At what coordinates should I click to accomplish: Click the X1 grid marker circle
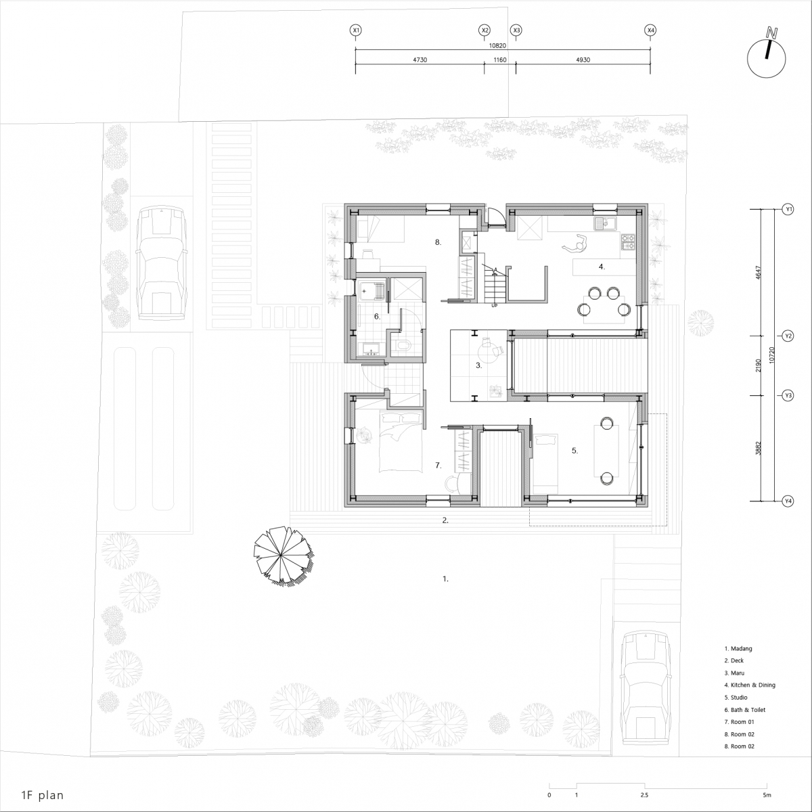[356, 30]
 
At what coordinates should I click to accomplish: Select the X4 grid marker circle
[650, 30]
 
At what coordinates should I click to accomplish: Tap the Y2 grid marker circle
[788, 336]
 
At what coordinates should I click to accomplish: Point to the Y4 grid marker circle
[788, 501]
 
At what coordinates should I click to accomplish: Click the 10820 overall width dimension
[497, 45]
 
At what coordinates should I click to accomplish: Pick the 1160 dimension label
[500, 60]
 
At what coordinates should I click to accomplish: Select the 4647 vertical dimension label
[759, 273]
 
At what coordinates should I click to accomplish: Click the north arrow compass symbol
[766, 58]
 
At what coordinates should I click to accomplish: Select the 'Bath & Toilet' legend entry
[745, 710]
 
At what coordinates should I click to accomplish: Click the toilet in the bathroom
[403, 346]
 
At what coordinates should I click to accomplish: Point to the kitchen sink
[605, 223]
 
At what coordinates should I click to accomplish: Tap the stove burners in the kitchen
[628, 242]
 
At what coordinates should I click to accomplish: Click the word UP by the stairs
[494, 305]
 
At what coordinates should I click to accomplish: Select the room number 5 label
[574, 451]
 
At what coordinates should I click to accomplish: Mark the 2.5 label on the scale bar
[644, 794]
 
